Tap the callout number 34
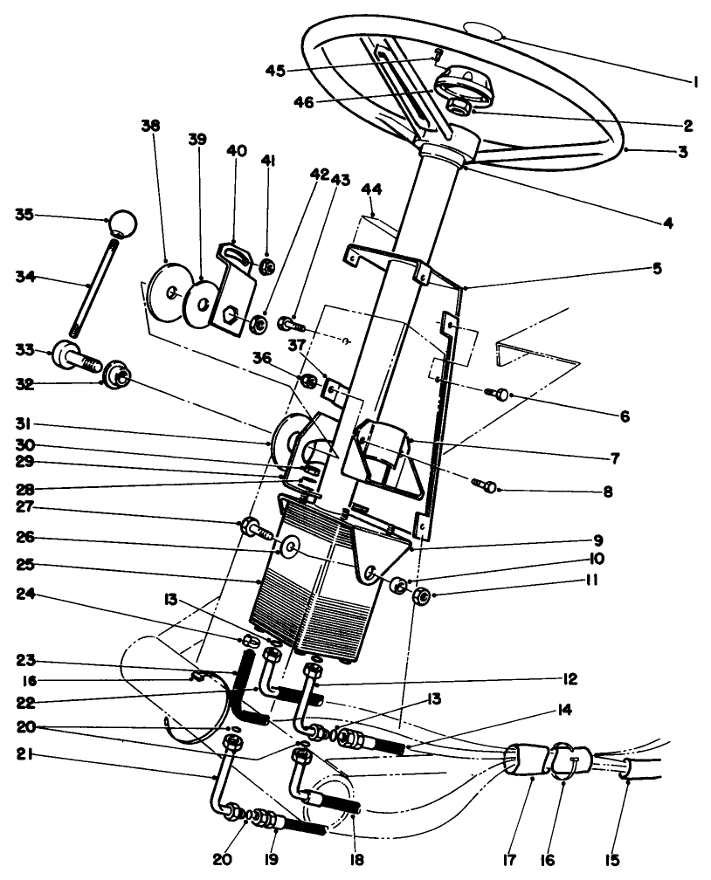coord(24,278)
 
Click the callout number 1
coord(695,82)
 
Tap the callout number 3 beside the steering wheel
coord(684,151)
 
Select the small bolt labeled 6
coord(501,395)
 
